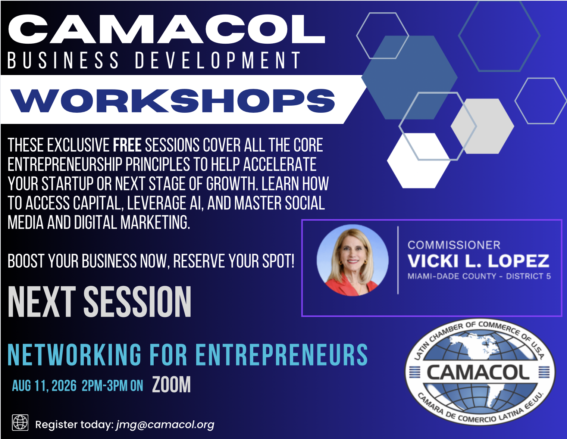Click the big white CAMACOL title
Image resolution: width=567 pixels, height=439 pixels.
point(166,29)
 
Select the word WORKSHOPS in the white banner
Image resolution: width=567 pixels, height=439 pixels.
point(172,100)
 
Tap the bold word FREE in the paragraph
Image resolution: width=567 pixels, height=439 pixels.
point(127,145)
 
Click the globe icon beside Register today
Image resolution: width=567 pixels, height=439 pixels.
point(20,423)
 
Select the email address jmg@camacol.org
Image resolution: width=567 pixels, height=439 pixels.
point(165,425)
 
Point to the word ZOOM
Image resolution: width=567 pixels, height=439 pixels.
point(172,384)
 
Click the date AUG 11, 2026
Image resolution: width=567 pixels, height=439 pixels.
point(44,386)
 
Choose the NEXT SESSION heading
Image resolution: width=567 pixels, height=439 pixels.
point(100,302)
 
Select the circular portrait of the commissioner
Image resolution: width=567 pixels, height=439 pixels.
point(353,260)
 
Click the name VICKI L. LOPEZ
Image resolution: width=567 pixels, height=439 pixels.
point(479,261)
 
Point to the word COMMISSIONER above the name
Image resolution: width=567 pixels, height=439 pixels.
point(454,245)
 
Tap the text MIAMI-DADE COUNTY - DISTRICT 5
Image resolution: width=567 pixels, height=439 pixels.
point(479,276)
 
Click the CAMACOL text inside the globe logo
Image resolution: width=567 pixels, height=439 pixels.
point(478,373)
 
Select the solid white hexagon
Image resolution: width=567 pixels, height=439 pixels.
point(419,161)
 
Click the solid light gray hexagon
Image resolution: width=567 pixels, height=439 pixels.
point(482,126)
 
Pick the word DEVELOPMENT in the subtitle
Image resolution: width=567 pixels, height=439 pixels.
point(218,60)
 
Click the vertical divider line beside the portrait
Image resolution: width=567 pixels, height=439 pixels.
point(398,260)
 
